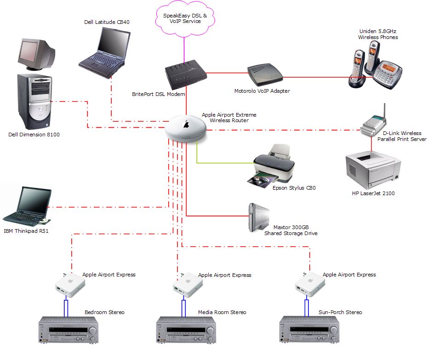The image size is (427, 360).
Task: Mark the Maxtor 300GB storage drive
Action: click(x=258, y=218)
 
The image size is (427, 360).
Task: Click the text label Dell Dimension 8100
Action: click(x=34, y=135)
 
